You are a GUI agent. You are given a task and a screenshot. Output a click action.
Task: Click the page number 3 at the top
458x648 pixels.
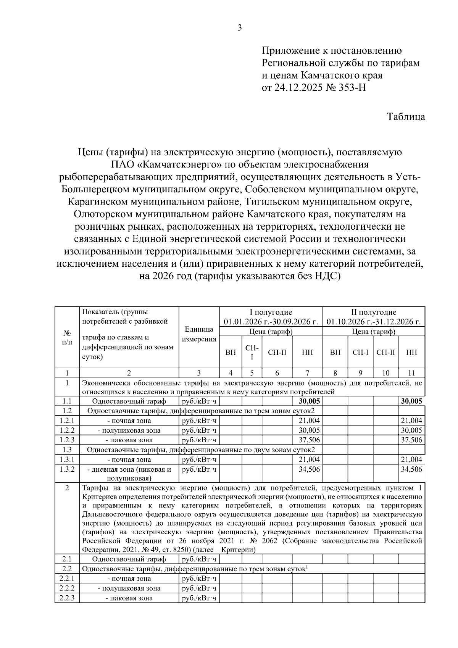coord(240,27)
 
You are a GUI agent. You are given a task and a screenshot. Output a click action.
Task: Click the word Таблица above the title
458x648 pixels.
coord(406,117)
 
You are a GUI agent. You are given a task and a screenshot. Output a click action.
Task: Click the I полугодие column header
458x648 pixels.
coord(271,313)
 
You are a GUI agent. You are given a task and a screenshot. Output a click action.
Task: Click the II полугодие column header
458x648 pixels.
coord(374,313)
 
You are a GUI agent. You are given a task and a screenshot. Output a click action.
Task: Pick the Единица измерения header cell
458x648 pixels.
coord(199,334)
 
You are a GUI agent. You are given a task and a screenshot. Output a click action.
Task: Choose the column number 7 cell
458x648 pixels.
coord(307,373)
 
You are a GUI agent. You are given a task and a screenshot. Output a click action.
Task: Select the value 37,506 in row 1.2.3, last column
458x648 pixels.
coord(411,440)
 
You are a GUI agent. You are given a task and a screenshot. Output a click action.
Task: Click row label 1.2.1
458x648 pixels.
coord(67,421)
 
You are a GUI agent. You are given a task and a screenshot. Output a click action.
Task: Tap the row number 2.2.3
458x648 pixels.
coord(67,598)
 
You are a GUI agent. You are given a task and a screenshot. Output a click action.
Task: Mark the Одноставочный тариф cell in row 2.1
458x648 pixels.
coord(129,559)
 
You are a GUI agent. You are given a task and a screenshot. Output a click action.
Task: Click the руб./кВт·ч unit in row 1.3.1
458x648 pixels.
coord(199,459)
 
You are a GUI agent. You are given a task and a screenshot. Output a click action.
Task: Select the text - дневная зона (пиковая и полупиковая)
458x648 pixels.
coord(129,473)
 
